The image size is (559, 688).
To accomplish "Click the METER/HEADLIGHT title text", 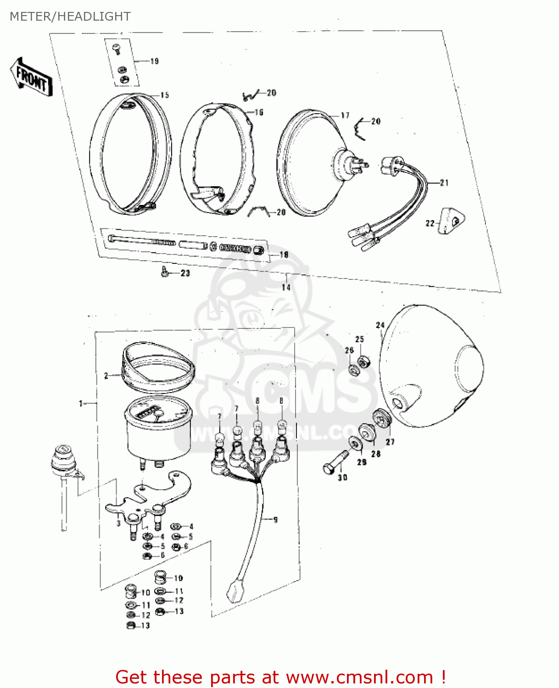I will (70, 17).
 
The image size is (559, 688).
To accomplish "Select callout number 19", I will (154, 61).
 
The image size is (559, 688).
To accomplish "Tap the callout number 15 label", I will (165, 95).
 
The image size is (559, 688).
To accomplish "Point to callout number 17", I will (345, 115).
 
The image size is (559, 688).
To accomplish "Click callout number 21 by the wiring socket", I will (444, 183).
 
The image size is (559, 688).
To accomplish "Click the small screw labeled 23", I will (165, 272).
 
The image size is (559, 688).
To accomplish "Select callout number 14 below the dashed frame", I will (286, 287).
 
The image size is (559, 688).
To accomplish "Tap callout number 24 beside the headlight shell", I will (380, 325).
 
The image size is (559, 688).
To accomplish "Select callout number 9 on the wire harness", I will (275, 520).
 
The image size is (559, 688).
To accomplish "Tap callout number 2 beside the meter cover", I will (106, 376).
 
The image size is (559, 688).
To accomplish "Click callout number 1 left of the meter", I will (81, 404).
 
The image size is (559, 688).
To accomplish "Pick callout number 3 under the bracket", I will (118, 523).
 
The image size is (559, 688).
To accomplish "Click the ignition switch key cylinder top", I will (62, 450).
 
